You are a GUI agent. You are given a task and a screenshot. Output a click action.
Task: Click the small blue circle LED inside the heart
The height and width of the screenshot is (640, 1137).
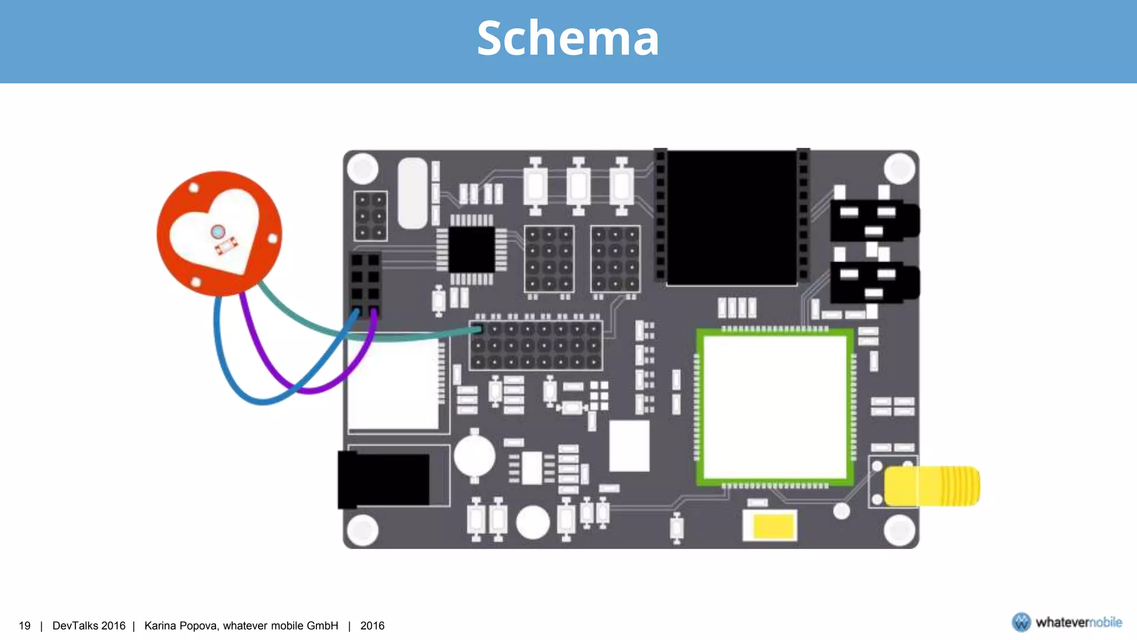218,231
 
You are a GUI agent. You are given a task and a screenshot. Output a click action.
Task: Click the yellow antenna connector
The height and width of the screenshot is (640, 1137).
933,486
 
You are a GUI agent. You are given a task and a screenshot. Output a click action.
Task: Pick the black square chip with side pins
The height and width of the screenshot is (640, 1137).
471,249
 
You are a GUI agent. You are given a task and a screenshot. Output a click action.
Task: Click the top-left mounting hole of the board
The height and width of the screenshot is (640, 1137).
363,168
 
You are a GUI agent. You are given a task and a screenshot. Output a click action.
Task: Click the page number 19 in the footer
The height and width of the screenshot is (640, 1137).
24,626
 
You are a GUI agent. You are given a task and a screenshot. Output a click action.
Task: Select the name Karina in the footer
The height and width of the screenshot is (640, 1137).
162,626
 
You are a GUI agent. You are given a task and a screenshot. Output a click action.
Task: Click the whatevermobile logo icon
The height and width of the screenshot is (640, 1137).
1021,622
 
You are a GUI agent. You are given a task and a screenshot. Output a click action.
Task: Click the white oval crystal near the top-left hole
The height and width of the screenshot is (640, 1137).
412,193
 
